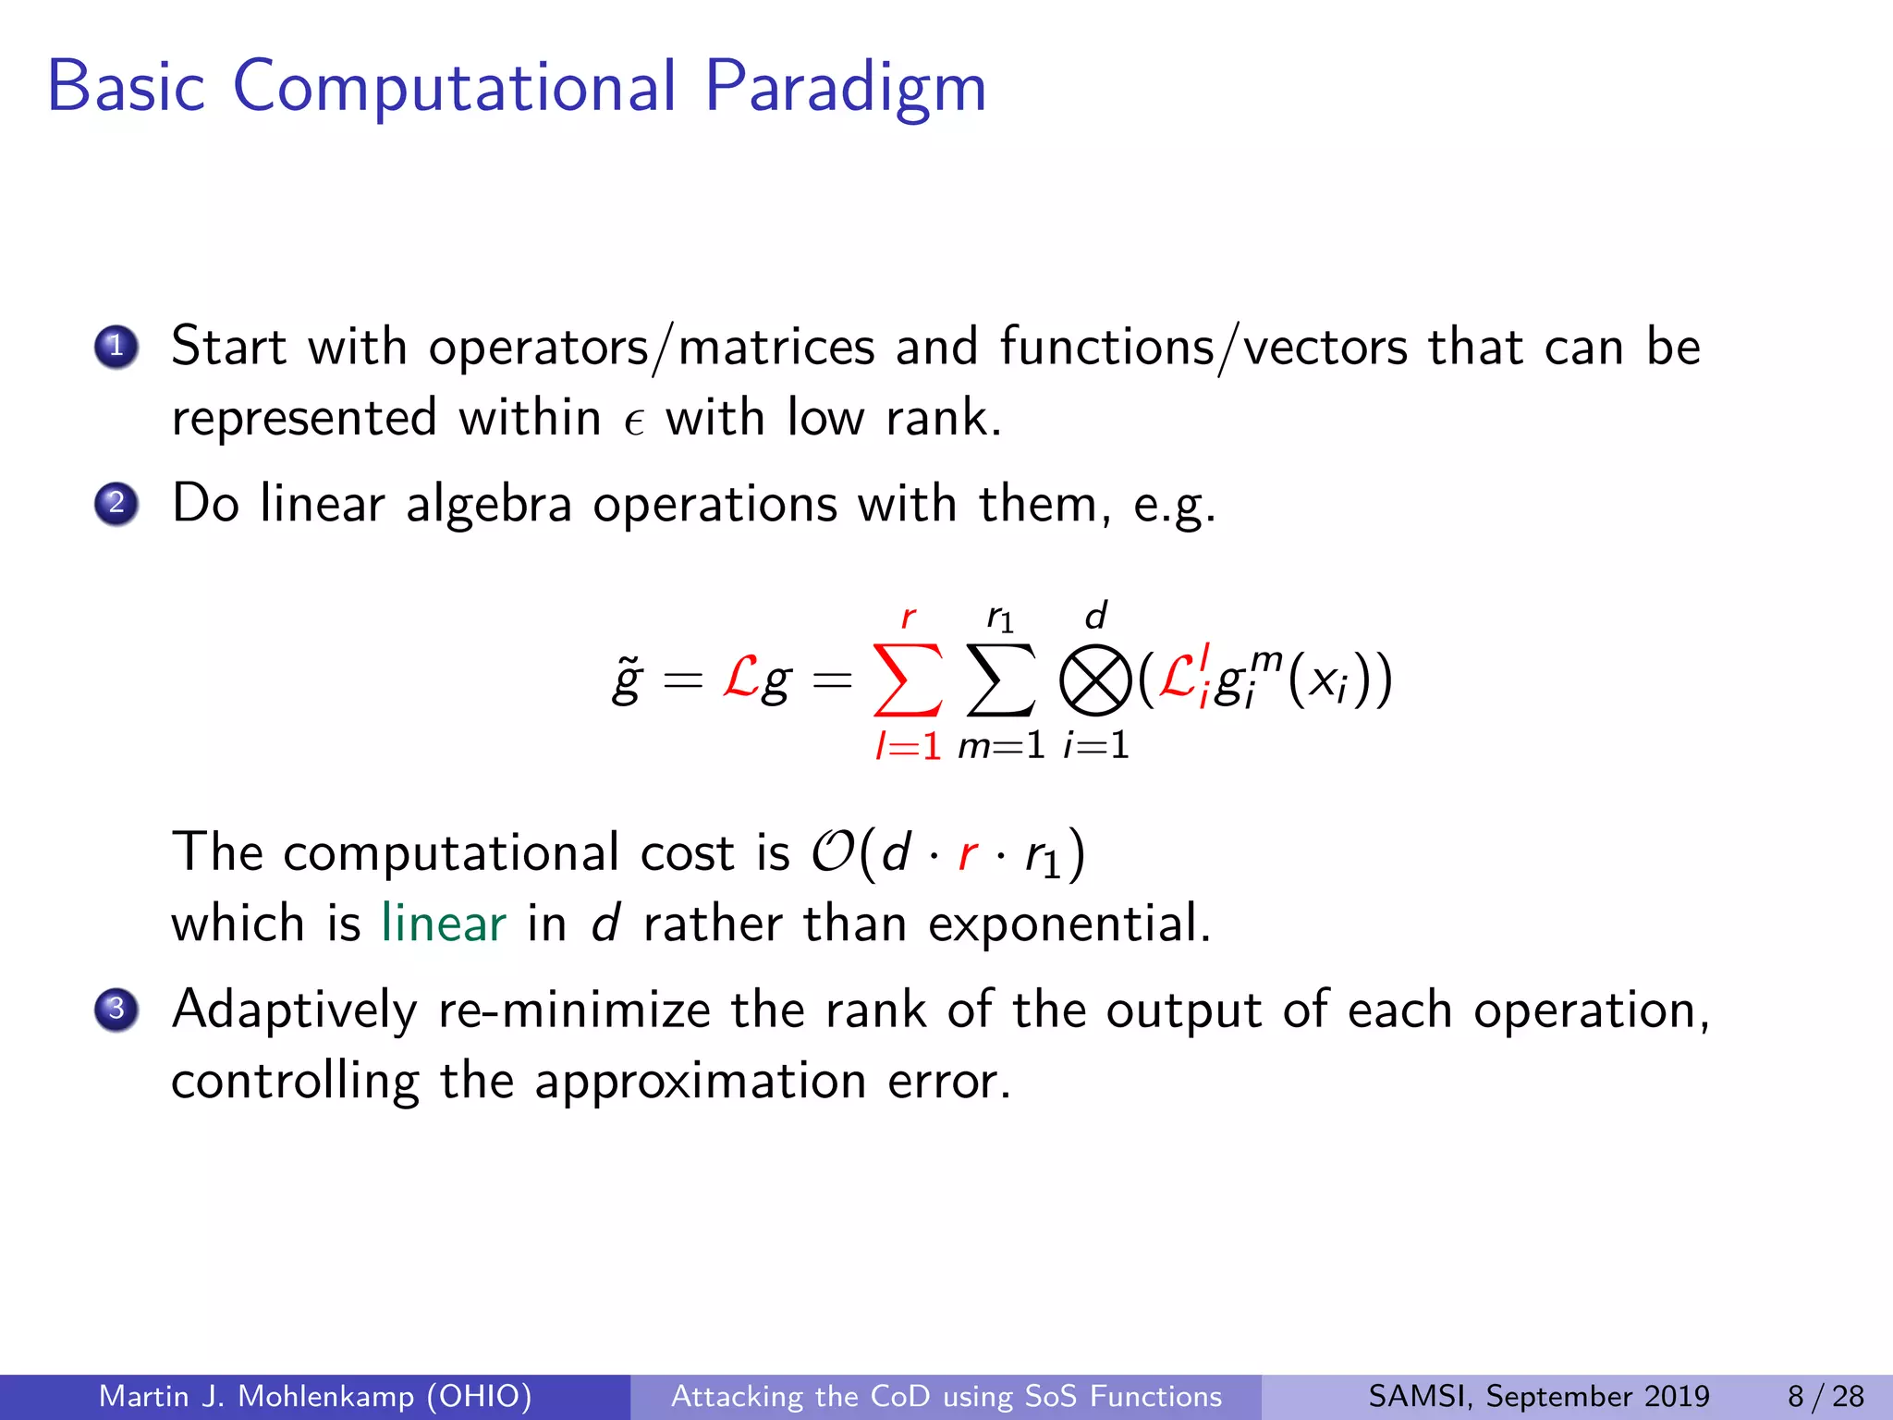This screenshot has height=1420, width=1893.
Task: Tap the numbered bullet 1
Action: tap(116, 348)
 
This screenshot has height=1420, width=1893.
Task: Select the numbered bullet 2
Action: tap(116, 504)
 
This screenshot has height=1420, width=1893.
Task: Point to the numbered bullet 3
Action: tap(116, 1009)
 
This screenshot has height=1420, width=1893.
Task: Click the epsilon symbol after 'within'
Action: tap(633, 422)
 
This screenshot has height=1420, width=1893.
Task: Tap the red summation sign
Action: tap(908, 680)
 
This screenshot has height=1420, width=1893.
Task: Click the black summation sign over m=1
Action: tap(1001, 680)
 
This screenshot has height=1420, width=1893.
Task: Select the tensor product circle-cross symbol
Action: tap(1095, 682)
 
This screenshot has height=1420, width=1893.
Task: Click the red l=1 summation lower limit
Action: tap(908, 745)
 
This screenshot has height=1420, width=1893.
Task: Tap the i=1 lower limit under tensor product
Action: tap(1096, 745)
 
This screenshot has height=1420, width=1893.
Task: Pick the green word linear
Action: tap(444, 924)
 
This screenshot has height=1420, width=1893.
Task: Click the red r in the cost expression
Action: tap(968, 853)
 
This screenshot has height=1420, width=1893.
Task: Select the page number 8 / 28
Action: tap(1826, 1396)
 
